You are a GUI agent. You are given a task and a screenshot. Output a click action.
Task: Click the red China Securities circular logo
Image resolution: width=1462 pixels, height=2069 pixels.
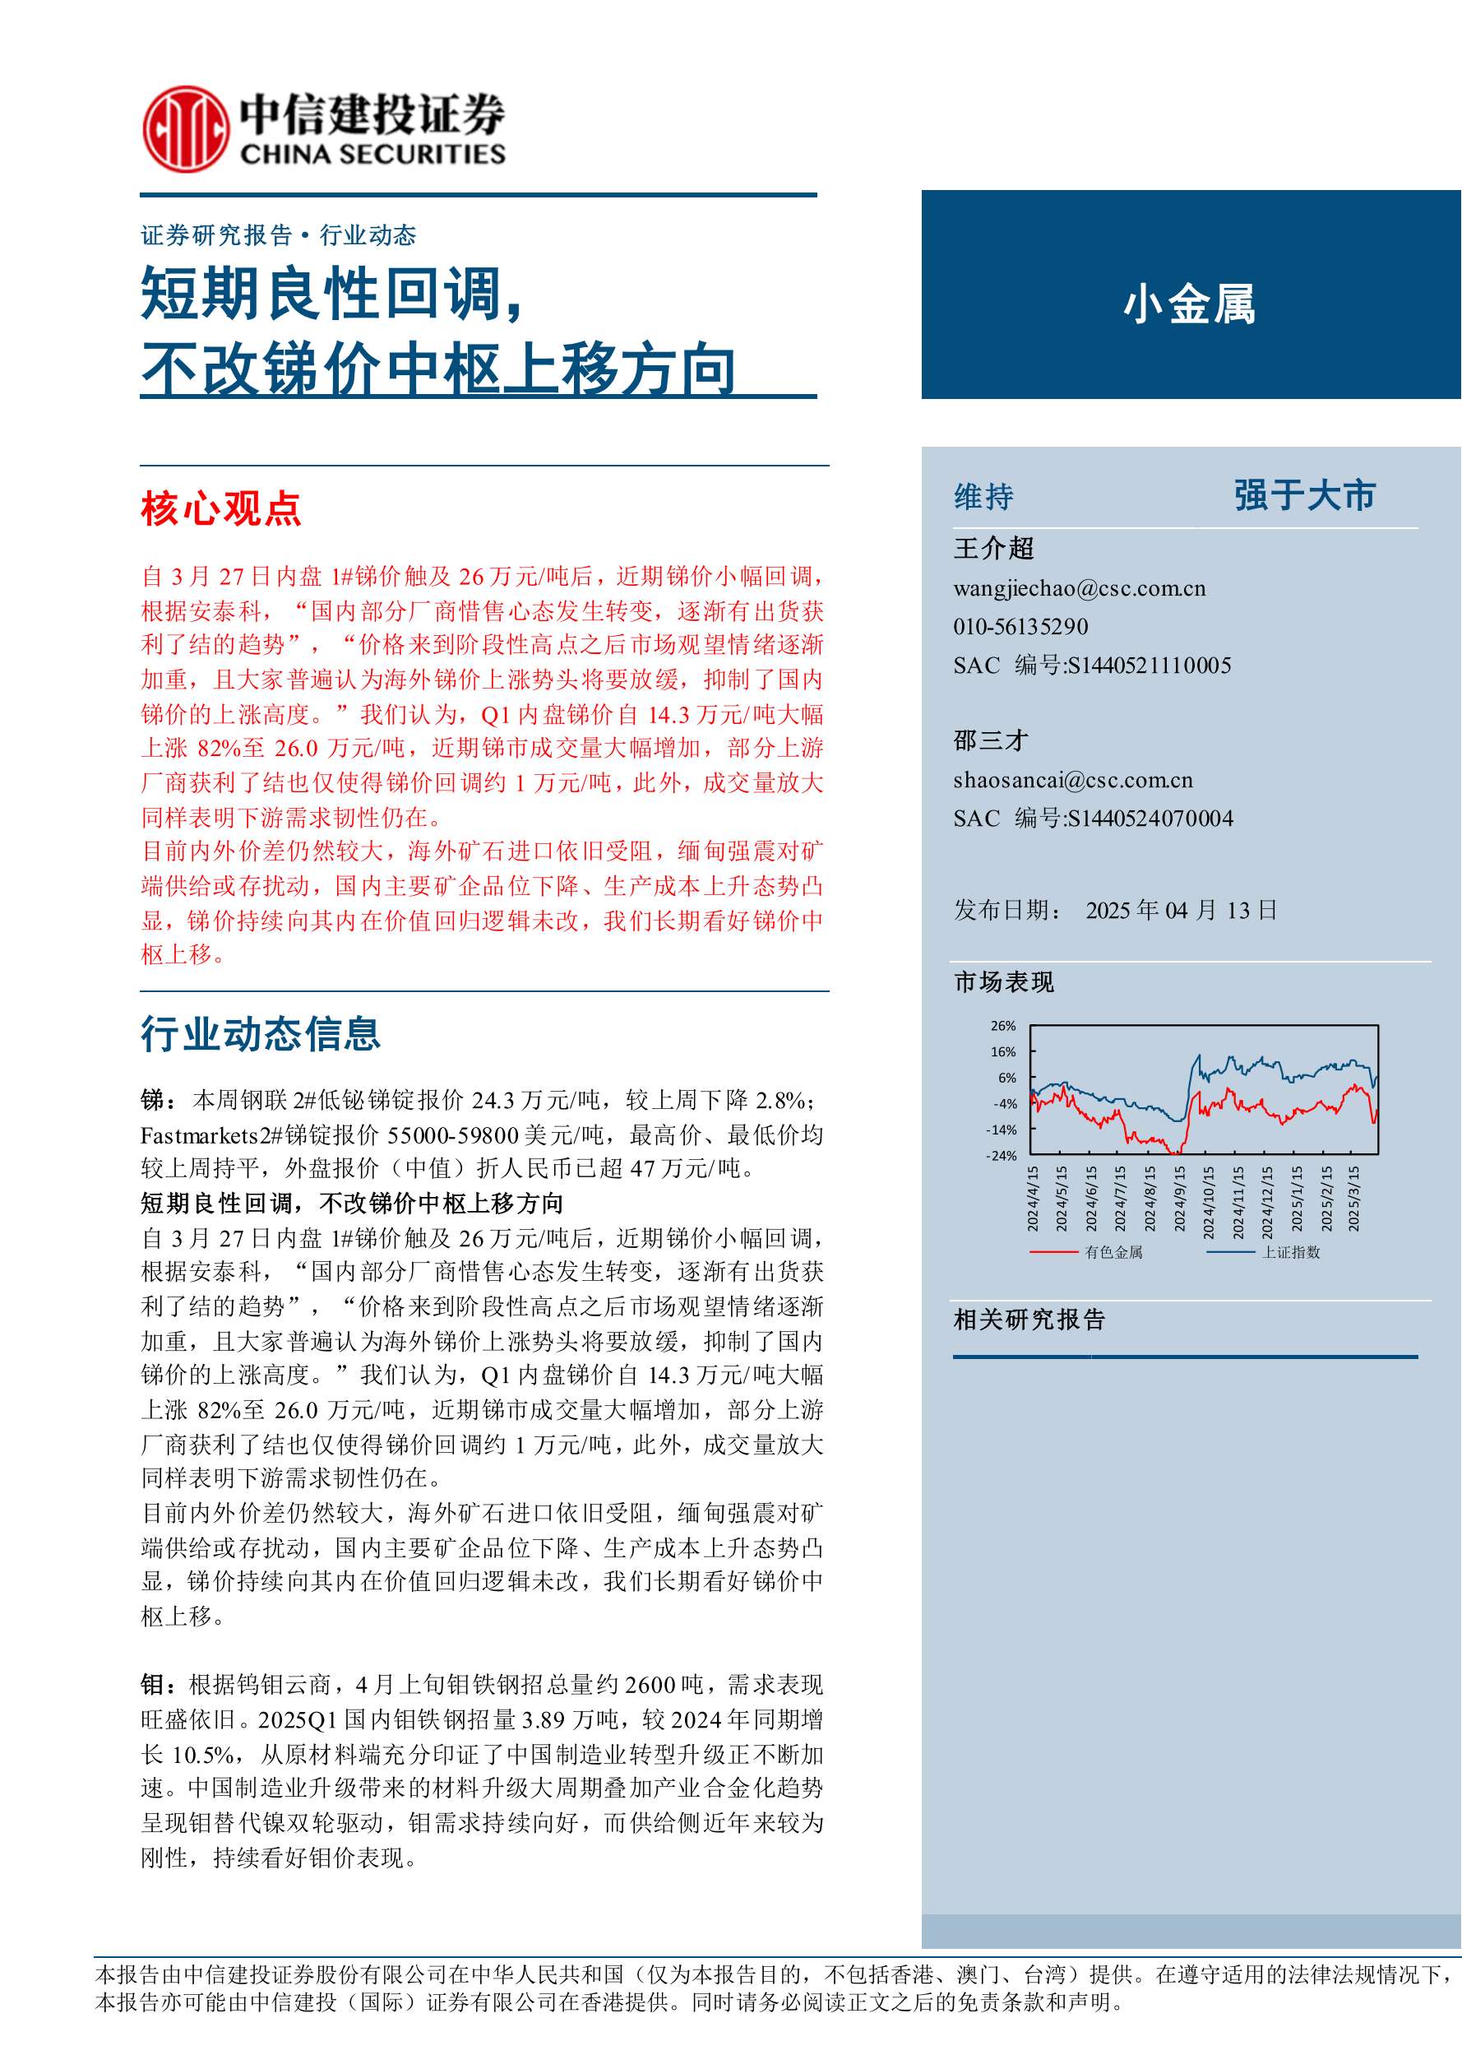[185, 128]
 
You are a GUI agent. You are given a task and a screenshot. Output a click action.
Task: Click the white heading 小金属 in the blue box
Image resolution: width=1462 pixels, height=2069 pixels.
[1188, 304]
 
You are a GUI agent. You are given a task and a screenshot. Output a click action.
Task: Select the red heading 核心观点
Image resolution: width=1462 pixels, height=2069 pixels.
[220, 508]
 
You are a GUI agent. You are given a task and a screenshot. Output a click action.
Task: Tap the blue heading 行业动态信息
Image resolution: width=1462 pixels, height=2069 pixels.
[261, 1033]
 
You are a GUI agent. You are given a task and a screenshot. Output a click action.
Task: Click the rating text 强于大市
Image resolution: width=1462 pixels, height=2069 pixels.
[1304, 495]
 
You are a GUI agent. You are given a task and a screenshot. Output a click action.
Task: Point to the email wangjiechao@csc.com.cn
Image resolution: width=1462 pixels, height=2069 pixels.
[1079, 588]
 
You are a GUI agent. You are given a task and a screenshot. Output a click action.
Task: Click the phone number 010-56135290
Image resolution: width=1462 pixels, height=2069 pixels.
[1020, 626]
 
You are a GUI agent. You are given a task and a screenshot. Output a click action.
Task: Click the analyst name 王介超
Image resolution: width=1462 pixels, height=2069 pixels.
[993, 548]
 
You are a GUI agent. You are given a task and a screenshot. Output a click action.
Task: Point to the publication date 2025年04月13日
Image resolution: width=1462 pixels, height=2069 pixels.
[1181, 910]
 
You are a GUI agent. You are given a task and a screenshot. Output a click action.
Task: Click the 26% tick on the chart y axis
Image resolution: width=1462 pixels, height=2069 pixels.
[1002, 1026]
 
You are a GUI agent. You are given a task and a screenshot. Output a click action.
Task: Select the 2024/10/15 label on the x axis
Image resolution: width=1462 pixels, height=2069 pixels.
[1209, 1199]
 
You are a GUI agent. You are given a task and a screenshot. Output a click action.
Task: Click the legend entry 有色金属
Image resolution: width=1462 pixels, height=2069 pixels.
[1113, 1251]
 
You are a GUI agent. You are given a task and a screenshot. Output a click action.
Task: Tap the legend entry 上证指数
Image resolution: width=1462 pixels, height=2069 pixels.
[1290, 1251]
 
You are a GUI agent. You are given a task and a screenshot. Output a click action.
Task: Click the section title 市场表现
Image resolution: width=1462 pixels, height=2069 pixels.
[1003, 982]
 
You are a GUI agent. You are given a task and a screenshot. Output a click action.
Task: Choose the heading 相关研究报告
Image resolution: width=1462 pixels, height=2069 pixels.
[1029, 1320]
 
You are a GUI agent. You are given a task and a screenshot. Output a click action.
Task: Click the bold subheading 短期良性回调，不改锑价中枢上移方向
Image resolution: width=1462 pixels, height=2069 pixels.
[351, 1203]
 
